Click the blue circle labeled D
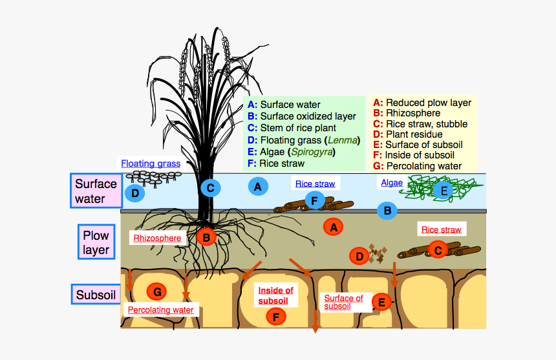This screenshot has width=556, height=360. (x=134, y=193)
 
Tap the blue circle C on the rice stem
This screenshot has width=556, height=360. (x=210, y=188)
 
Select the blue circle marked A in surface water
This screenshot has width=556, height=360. (x=258, y=186)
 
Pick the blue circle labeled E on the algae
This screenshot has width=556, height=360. (x=444, y=190)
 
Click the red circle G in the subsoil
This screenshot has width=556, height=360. (x=157, y=291)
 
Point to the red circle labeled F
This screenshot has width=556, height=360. (x=276, y=317)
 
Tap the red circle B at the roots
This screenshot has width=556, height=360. (x=206, y=237)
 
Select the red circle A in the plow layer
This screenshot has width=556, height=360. (x=334, y=227)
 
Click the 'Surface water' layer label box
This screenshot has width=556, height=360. (x=95, y=191)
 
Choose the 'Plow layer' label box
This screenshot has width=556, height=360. (x=96, y=241)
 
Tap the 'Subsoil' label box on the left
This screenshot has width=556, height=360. (x=95, y=295)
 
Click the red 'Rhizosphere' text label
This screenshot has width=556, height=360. (x=157, y=238)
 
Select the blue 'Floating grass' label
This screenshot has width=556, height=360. (x=150, y=164)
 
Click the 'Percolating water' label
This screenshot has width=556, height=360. (x=160, y=310)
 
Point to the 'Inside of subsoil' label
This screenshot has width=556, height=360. (x=275, y=295)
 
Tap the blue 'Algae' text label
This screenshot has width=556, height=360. (x=392, y=183)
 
